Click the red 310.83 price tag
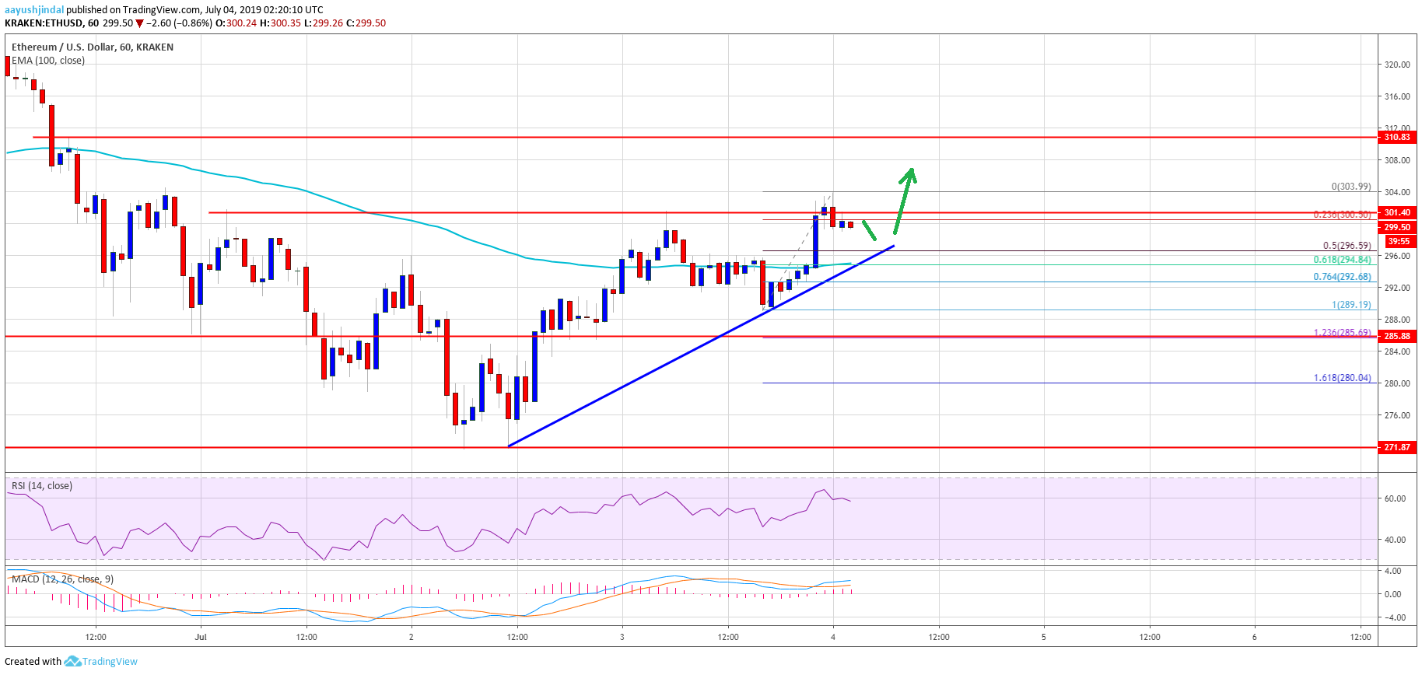[x=1396, y=137]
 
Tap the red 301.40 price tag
[x=1396, y=212]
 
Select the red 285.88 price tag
[x=1396, y=336]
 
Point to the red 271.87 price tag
[x=1396, y=447]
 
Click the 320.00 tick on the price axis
[x=1397, y=65]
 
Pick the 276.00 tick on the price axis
[x=1397, y=415]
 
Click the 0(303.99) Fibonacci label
[x=1351, y=187]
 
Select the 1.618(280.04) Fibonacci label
[x=1342, y=378]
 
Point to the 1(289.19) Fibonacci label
[x=1351, y=305]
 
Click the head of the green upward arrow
[x=909, y=173]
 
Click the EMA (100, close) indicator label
[x=48, y=61]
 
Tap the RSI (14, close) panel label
[x=42, y=486]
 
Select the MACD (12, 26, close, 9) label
[x=62, y=579]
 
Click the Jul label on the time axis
[x=201, y=637]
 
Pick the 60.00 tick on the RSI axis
[x=1396, y=498]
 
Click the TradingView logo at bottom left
[x=101, y=662]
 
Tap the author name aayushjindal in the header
[x=34, y=10]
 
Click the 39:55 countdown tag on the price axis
[x=1397, y=241]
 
